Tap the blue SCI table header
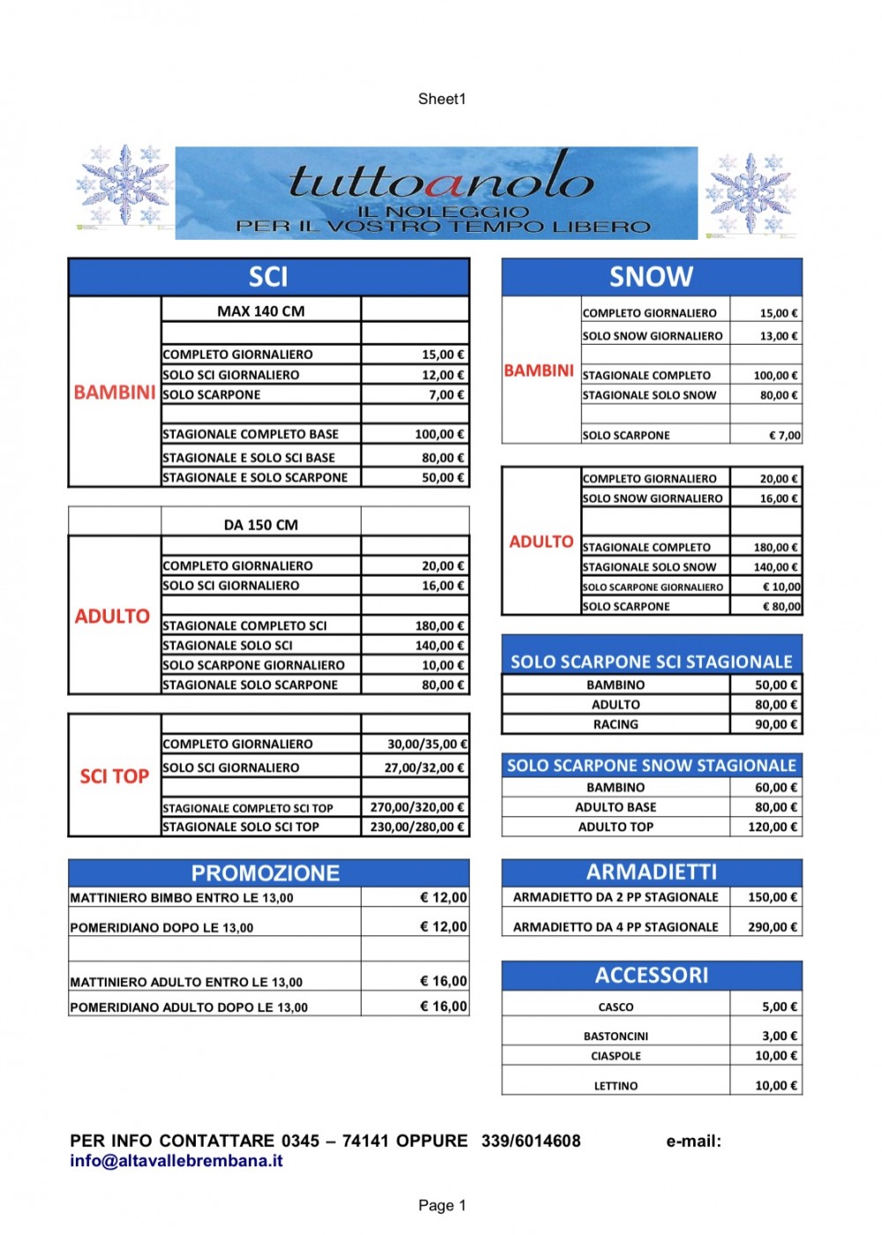pyautogui.click(x=268, y=277)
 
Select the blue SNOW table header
pyautogui.click(x=651, y=277)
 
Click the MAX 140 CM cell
pyautogui.click(x=261, y=311)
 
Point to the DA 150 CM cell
pyautogui.click(x=261, y=525)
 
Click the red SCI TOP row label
pyautogui.click(x=114, y=776)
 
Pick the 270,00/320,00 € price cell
pyautogui.click(x=416, y=807)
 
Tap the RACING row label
pyautogui.click(x=616, y=724)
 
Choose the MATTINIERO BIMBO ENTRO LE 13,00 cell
pyautogui.click(x=182, y=898)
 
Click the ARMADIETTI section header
pyautogui.click(x=651, y=872)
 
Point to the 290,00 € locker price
pyautogui.click(x=773, y=927)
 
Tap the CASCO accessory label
pyautogui.click(x=616, y=1007)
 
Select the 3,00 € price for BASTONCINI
pyautogui.click(x=780, y=1036)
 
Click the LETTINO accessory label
pyautogui.click(x=616, y=1086)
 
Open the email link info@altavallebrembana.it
pyautogui.click(x=176, y=1161)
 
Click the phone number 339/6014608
pyautogui.click(x=531, y=1141)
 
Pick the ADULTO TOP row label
pyautogui.click(x=616, y=827)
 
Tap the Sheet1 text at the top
pyautogui.click(x=442, y=99)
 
